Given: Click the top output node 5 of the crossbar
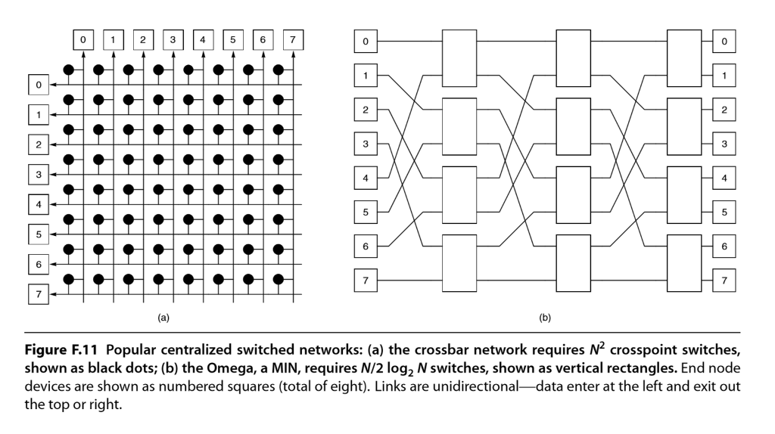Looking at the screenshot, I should [x=234, y=38].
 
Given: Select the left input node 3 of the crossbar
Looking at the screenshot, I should [x=38, y=174].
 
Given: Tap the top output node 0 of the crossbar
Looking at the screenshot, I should [x=83, y=38].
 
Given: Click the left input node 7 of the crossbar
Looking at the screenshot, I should [x=38, y=293].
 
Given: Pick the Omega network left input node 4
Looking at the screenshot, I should [x=366, y=179].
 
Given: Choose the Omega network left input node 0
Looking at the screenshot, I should [x=366, y=41].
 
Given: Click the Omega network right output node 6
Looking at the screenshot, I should [x=724, y=247].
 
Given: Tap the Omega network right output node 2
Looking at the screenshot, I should [x=724, y=110].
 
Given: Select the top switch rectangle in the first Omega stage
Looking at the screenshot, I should [x=460, y=58].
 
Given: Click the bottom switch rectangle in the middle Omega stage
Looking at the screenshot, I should [x=573, y=264].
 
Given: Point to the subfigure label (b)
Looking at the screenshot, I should [x=544, y=318].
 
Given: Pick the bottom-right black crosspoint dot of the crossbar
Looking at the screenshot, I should [x=279, y=278].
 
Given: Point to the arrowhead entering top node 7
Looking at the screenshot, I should [x=294, y=51].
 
